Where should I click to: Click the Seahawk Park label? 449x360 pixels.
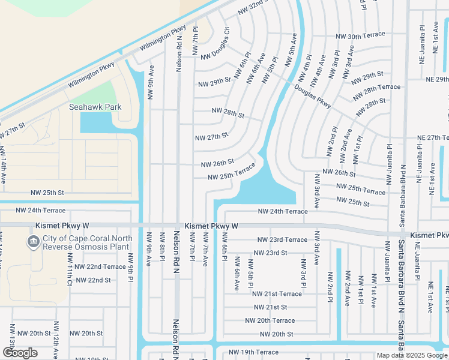tap(95, 107)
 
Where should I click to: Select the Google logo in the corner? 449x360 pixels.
tap(20, 353)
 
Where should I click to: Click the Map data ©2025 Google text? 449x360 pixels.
tap(412, 355)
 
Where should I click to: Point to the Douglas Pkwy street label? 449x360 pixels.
tap(313, 96)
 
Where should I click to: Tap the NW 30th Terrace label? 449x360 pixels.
tap(360, 36)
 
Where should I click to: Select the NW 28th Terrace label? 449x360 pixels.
tap(376, 91)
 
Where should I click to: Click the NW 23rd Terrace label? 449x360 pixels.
tap(279, 239)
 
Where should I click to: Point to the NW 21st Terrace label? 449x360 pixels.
tap(277, 294)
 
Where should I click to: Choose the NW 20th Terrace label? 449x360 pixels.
tap(270, 320)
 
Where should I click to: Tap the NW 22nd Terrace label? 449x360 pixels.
tap(97, 266)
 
